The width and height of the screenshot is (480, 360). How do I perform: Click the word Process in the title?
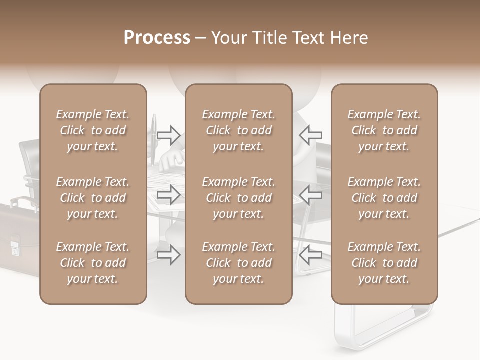tap(157, 38)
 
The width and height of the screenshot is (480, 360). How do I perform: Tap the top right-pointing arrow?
tap(169, 134)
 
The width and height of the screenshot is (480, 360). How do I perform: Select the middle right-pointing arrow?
tap(169, 195)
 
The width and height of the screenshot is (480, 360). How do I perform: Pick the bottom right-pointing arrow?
tap(169, 255)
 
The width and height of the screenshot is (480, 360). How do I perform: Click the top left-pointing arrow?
tap(310, 134)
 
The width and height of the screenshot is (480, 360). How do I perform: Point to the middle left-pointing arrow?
tap(310, 195)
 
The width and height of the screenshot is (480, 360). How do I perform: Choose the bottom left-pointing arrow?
tap(310, 255)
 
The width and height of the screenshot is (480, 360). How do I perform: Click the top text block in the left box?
tap(93, 130)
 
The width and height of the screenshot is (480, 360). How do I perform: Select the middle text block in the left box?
tap(93, 198)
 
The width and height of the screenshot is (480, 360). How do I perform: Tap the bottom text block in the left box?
tap(93, 263)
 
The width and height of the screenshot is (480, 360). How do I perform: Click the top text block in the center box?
tap(238, 130)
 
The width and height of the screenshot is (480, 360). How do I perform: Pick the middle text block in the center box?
tap(238, 198)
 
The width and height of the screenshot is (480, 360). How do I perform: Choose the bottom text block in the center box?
tap(238, 263)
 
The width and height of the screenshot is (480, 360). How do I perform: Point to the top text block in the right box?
tap(384, 130)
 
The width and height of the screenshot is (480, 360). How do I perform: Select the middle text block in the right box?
tap(384, 198)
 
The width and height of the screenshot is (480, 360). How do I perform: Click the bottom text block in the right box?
tap(384, 263)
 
